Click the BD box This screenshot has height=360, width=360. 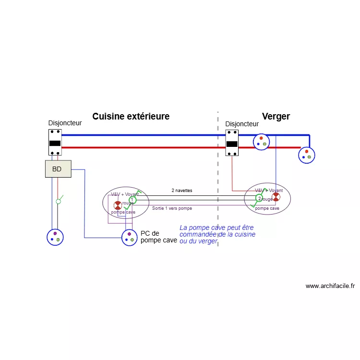[58, 169]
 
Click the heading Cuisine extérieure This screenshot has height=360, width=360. [131, 117]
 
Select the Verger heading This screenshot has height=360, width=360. [276, 117]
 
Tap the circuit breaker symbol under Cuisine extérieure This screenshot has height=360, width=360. [55, 142]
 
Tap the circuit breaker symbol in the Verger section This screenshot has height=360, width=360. [232, 143]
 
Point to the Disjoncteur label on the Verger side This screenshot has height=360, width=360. [242, 124]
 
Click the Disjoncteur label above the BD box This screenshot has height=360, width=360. [65, 123]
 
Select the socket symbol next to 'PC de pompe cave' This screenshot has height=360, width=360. [129, 237]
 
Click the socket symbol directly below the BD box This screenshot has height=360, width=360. [55, 237]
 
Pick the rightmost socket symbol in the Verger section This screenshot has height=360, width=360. [306, 155]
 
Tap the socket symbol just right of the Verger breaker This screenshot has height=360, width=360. [262, 142]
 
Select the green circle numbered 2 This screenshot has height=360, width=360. [259, 198]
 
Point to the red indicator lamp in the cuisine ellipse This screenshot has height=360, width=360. [117, 205]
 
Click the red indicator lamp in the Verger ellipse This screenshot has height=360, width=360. [276, 197]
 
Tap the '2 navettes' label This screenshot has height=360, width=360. [182, 191]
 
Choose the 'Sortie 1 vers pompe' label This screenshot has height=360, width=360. [172, 209]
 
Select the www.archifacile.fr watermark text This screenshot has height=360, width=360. [330, 286]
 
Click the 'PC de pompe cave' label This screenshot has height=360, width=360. [158, 237]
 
